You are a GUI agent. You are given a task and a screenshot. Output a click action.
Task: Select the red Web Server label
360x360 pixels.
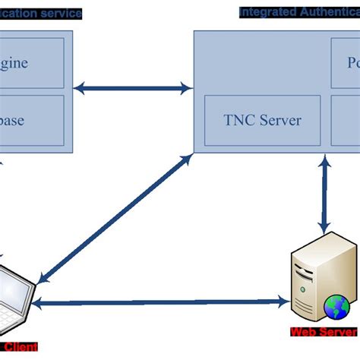pos(323,332)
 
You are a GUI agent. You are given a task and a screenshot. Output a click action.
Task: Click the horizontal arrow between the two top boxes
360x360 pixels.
pos(133,89)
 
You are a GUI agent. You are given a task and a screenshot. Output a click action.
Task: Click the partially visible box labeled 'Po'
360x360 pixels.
pos(345,62)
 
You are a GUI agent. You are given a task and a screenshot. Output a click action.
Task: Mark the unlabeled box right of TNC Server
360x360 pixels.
pos(346,120)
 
